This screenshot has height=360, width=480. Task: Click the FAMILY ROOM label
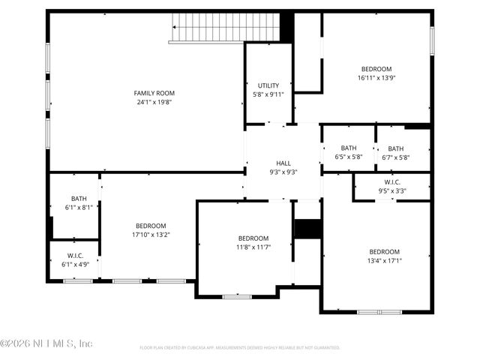click(x=154, y=93)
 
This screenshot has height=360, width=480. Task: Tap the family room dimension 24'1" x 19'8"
click(x=154, y=103)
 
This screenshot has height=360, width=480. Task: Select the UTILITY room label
click(x=268, y=85)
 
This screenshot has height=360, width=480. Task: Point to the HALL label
click(x=283, y=163)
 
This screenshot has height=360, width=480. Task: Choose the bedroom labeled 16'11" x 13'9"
click(x=376, y=73)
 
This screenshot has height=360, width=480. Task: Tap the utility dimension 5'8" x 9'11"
click(x=268, y=94)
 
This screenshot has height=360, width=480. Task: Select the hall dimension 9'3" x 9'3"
click(x=283, y=172)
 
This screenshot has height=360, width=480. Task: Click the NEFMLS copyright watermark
click(x=46, y=343)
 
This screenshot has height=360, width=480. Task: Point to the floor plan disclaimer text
click(x=240, y=348)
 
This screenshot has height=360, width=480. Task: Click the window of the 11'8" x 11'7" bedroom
click(x=236, y=297)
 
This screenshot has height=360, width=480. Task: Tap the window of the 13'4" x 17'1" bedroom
click(x=379, y=311)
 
